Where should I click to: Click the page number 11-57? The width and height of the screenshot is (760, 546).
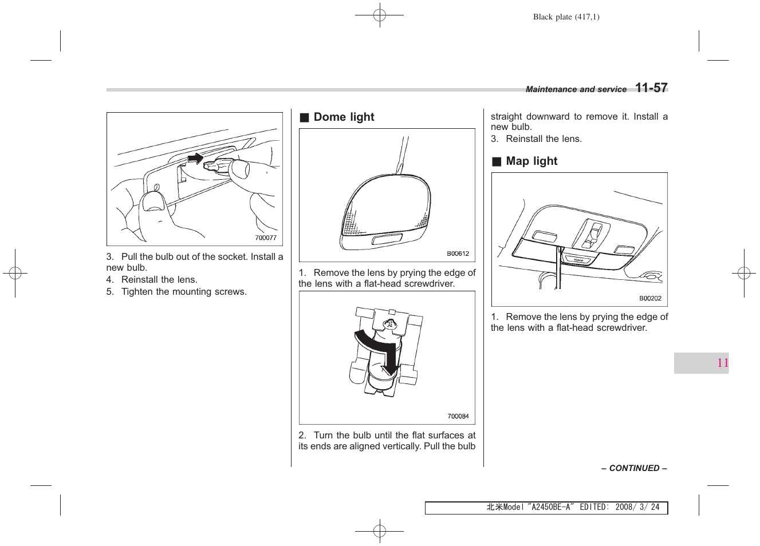(x=651, y=88)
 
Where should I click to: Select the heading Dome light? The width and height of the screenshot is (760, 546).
(x=344, y=117)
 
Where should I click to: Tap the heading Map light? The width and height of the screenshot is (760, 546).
(x=531, y=161)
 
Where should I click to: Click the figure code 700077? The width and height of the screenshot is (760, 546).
(x=266, y=238)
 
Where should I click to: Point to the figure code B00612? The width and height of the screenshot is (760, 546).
(x=458, y=254)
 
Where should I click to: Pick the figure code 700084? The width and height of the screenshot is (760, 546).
(x=458, y=416)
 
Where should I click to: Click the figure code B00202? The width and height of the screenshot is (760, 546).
(x=650, y=298)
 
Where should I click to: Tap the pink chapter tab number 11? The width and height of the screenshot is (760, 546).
(x=722, y=363)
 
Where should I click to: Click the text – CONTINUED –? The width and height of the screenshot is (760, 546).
(x=633, y=468)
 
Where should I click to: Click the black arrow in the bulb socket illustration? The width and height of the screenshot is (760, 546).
(x=195, y=158)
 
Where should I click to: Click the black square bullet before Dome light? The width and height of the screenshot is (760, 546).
(x=305, y=118)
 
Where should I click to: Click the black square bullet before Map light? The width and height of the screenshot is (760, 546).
(x=497, y=162)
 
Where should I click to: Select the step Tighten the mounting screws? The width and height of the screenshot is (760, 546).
(x=183, y=292)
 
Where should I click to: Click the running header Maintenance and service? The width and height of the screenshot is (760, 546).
(x=576, y=89)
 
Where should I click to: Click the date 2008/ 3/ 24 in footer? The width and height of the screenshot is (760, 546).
(x=637, y=507)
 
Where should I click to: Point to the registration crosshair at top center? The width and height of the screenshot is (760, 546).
(x=379, y=15)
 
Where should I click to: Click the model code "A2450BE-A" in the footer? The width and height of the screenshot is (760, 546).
(x=550, y=507)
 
